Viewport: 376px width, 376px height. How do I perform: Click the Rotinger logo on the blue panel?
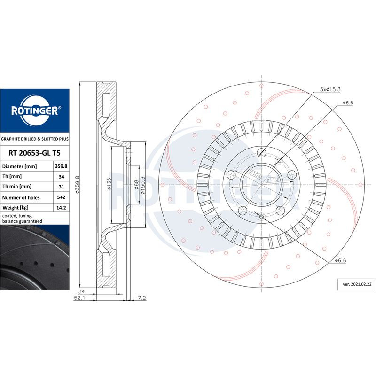[x=35, y=110]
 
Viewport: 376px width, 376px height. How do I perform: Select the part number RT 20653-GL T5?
[x=34, y=153]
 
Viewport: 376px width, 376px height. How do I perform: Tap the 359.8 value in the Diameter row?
[x=61, y=166]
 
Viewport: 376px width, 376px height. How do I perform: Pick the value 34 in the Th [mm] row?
[x=62, y=177]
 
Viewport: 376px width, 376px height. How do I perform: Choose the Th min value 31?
[x=62, y=187]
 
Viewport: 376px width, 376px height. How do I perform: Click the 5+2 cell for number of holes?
[x=61, y=197]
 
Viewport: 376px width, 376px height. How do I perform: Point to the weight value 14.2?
[x=61, y=208]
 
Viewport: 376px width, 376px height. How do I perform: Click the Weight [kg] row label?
[x=16, y=208]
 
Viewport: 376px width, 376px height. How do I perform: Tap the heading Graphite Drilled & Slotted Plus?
[x=34, y=139]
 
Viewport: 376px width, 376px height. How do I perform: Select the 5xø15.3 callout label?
[x=330, y=89]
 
